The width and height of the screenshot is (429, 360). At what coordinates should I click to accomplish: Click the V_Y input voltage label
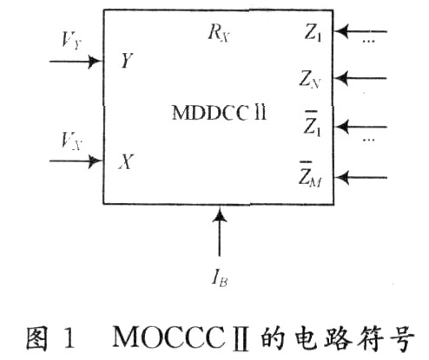72,40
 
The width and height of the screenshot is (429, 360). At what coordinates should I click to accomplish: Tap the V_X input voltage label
72,141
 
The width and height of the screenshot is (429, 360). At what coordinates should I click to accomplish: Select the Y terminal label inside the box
127,61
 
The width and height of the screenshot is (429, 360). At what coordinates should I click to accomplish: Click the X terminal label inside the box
126,161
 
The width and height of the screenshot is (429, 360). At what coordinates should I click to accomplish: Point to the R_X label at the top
219,34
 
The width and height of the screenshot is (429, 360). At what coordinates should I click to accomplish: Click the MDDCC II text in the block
219,113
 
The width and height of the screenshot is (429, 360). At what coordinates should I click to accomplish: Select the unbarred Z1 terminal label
313,32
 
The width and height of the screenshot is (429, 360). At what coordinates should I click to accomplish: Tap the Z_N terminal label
309,79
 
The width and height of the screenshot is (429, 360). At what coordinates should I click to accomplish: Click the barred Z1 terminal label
313,124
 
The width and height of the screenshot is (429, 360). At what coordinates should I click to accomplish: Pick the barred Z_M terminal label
310,174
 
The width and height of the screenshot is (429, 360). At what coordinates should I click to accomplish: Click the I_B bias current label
220,278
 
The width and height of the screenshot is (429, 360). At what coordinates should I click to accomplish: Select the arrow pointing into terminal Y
76,62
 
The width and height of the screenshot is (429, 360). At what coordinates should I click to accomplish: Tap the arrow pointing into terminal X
76,160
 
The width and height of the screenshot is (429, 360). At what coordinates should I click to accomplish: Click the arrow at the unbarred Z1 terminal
360,31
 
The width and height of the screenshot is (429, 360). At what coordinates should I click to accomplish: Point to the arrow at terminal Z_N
360,78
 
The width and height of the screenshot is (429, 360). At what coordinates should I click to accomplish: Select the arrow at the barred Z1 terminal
360,127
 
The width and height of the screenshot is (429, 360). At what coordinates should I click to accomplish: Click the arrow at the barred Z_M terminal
360,177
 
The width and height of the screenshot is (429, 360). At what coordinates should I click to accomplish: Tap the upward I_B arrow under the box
219,231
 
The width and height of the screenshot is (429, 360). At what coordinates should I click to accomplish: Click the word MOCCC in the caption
168,337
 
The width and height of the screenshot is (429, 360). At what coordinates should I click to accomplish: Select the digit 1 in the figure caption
69,337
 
